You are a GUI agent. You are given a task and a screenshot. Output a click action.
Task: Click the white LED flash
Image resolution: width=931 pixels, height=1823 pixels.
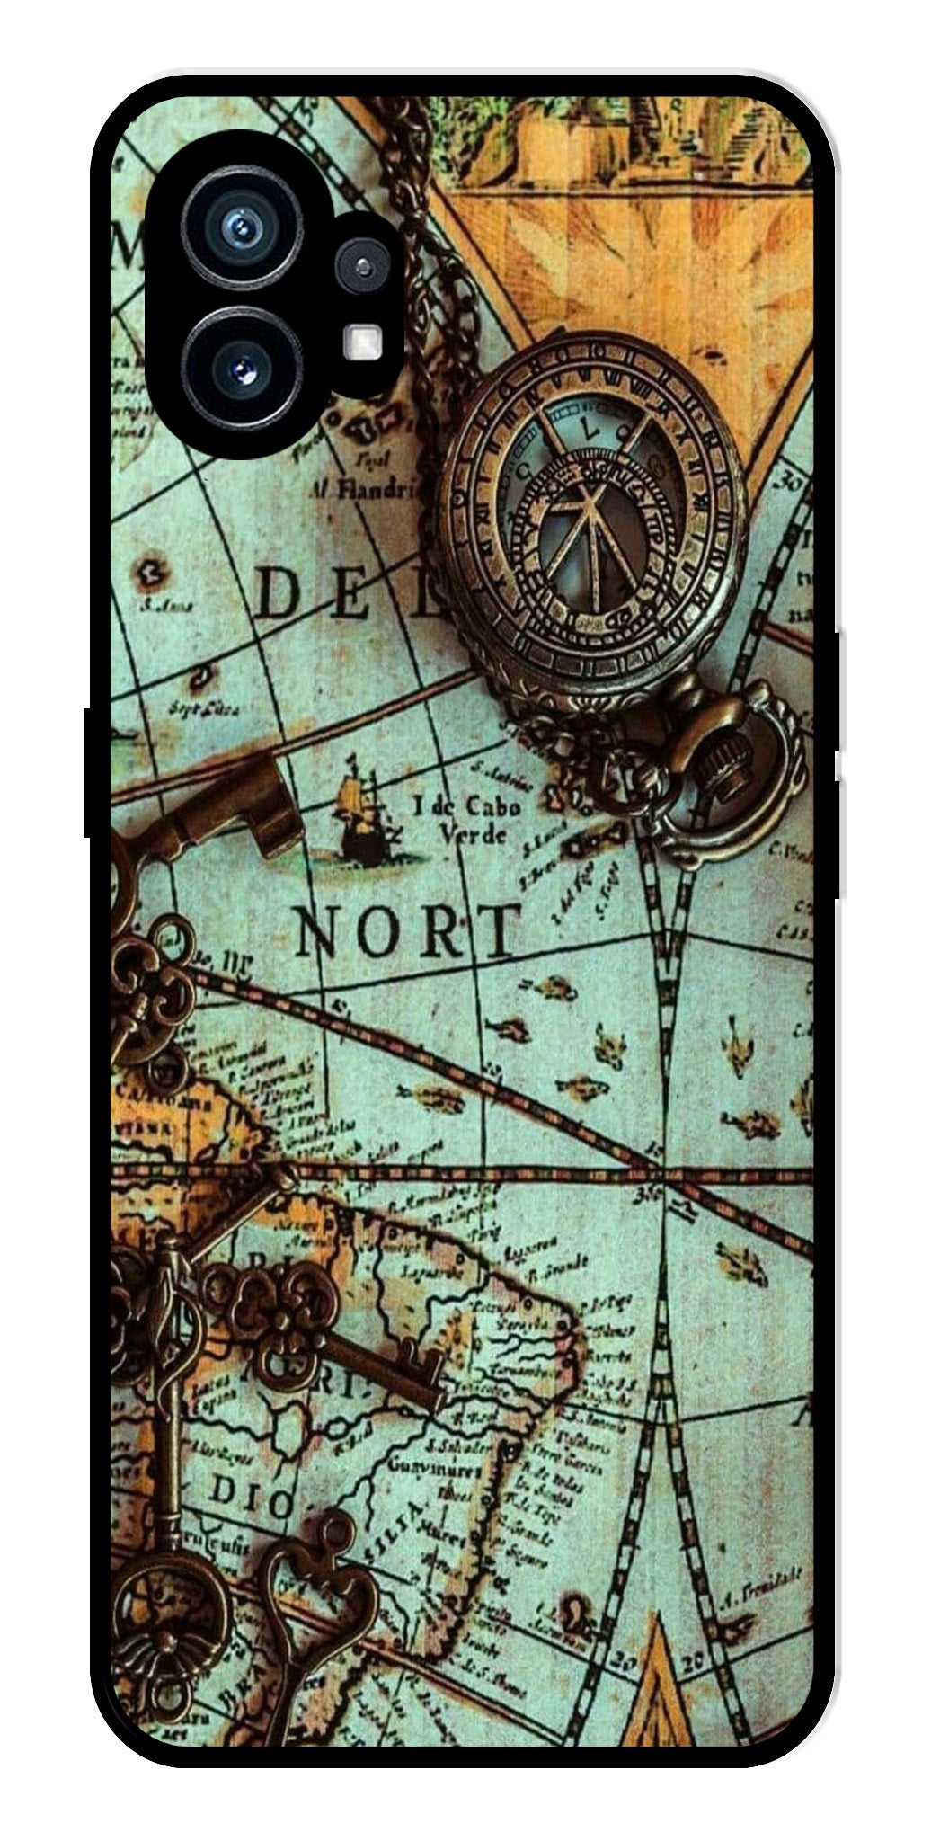click(363, 340)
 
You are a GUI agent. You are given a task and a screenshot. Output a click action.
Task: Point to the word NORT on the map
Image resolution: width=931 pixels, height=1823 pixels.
click(409, 931)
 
